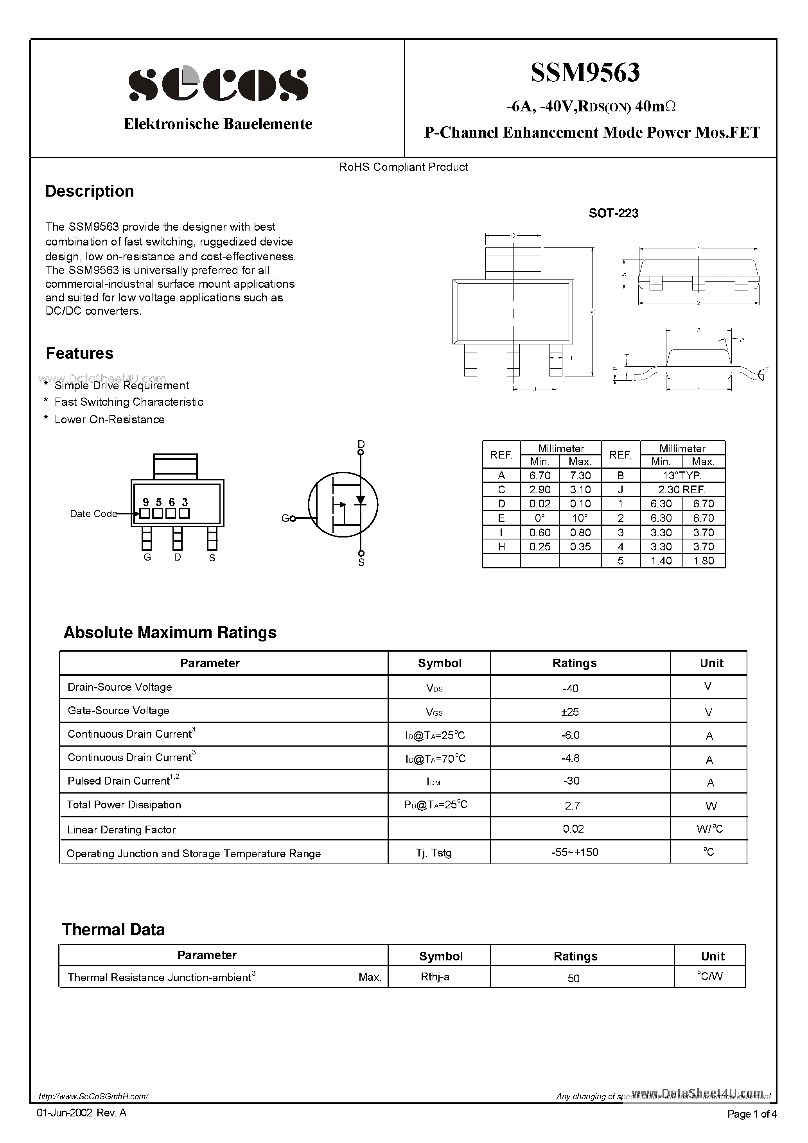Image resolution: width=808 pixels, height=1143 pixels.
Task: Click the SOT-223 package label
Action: tap(613, 213)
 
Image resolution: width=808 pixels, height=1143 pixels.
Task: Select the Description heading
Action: tap(90, 191)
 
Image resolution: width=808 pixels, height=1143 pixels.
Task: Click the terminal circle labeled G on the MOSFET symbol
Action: tap(293, 518)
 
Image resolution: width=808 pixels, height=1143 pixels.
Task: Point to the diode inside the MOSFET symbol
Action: tap(360, 500)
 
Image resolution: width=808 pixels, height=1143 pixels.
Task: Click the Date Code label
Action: tap(93, 514)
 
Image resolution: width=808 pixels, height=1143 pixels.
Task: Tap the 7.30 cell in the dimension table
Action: tap(580, 475)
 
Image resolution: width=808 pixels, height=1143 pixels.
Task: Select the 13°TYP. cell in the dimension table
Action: tap(682, 475)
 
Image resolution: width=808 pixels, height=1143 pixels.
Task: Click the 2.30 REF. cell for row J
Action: tap(682, 489)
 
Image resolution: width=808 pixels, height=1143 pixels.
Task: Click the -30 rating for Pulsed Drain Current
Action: tap(571, 781)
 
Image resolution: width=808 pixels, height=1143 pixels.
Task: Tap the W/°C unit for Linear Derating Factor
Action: tap(709, 829)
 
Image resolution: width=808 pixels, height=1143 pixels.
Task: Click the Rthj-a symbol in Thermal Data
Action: tap(435, 977)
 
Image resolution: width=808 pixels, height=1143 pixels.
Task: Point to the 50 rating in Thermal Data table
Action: tap(573, 978)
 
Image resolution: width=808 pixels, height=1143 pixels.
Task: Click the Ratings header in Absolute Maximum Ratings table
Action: tap(575, 663)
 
